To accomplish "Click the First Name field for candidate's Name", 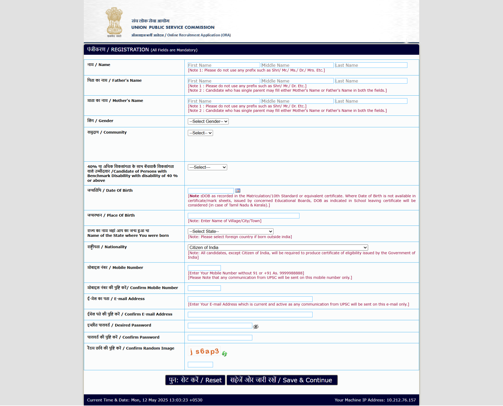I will pyautogui.click(x=224, y=65).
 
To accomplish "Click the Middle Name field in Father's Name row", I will pyautogui.click(x=297, y=81).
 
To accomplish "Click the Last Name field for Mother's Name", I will pyautogui.click(x=371, y=101).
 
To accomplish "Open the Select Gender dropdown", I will pyautogui.click(x=208, y=121).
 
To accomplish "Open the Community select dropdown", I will pyautogui.click(x=200, y=133).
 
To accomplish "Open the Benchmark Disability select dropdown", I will pyautogui.click(x=207, y=167).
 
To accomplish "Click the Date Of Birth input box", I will pyautogui.click(x=211, y=191).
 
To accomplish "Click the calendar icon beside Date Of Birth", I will pyautogui.click(x=238, y=191).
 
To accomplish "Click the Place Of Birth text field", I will pyautogui.click(x=243, y=216).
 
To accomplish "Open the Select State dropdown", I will pyautogui.click(x=231, y=231).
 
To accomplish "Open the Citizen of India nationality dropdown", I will pyautogui.click(x=278, y=248).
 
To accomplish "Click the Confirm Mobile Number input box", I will pyautogui.click(x=204, y=288).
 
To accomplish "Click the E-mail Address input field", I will pyautogui.click(x=250, y=299).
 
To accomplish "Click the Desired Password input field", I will pyautogui.click(x=220, y=326).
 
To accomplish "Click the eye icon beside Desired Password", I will pyautogui.click(x=256, y=326).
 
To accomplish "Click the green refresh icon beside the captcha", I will pyautogui.click(x=225, y=354).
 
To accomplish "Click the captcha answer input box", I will pyautogui.click(x=200, y=365).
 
